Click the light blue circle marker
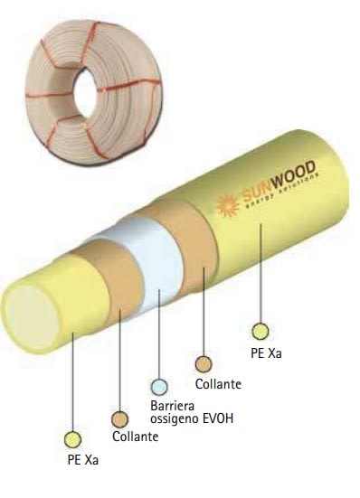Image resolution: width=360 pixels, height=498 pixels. [159, 388]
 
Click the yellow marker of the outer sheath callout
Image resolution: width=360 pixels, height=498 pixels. [260, 331]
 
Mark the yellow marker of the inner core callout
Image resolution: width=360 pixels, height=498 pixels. [73, 438]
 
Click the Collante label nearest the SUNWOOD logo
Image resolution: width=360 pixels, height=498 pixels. [218, 384]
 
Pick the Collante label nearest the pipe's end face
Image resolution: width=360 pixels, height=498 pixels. [135, 437]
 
